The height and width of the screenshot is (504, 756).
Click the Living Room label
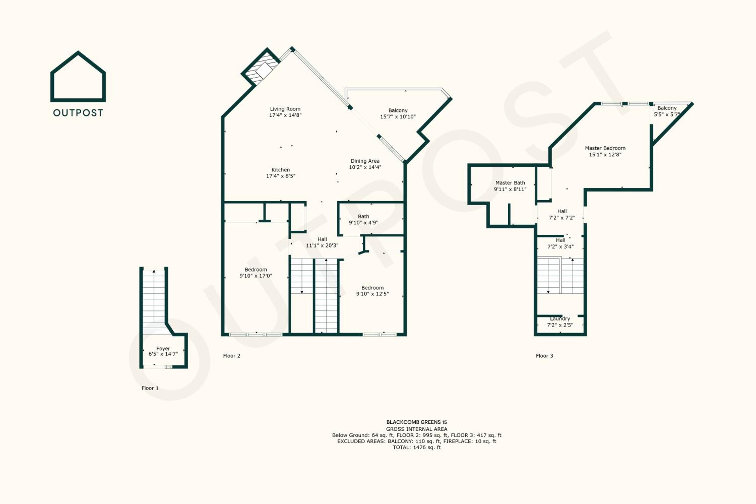285,109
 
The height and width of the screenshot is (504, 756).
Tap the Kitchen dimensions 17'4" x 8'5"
281,176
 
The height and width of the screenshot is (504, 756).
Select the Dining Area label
365,161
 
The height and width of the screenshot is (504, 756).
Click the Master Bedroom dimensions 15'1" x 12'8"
605,155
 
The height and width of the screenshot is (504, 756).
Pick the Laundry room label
560,319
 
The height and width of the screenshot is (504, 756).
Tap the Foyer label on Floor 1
163,349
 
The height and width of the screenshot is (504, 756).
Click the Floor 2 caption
232,356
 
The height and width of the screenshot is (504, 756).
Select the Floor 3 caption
545,356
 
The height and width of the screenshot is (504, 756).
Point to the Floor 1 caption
150,388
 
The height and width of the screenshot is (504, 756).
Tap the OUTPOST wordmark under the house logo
78,113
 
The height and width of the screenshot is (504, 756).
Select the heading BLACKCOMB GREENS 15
417,422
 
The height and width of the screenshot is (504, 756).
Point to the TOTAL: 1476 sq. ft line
417,448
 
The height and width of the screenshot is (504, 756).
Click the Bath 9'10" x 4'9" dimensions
364,223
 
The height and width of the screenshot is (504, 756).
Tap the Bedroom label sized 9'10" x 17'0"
256,270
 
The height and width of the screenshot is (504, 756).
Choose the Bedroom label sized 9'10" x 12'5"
372,288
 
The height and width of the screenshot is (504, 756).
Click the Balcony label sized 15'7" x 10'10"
398,111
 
